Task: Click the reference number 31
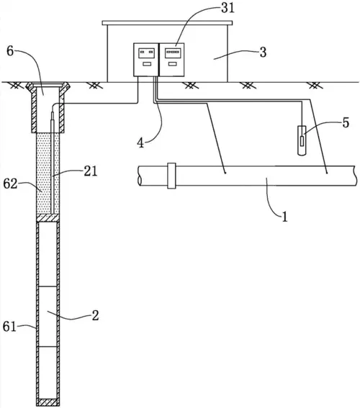(228, 8)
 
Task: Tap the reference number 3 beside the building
(264, 53)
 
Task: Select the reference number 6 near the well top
(10, 51)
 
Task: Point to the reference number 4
(140, 143)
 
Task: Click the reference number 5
(346, 122)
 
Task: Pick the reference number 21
(90, 171)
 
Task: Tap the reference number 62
(10, 184)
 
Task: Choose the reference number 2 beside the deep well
(95, 316)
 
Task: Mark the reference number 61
(9, 327)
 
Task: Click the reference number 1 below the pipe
(285, 217)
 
